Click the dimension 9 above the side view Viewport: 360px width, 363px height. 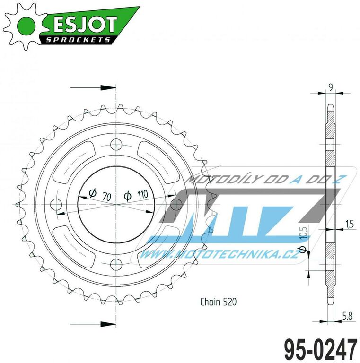[x=330, y=86]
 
